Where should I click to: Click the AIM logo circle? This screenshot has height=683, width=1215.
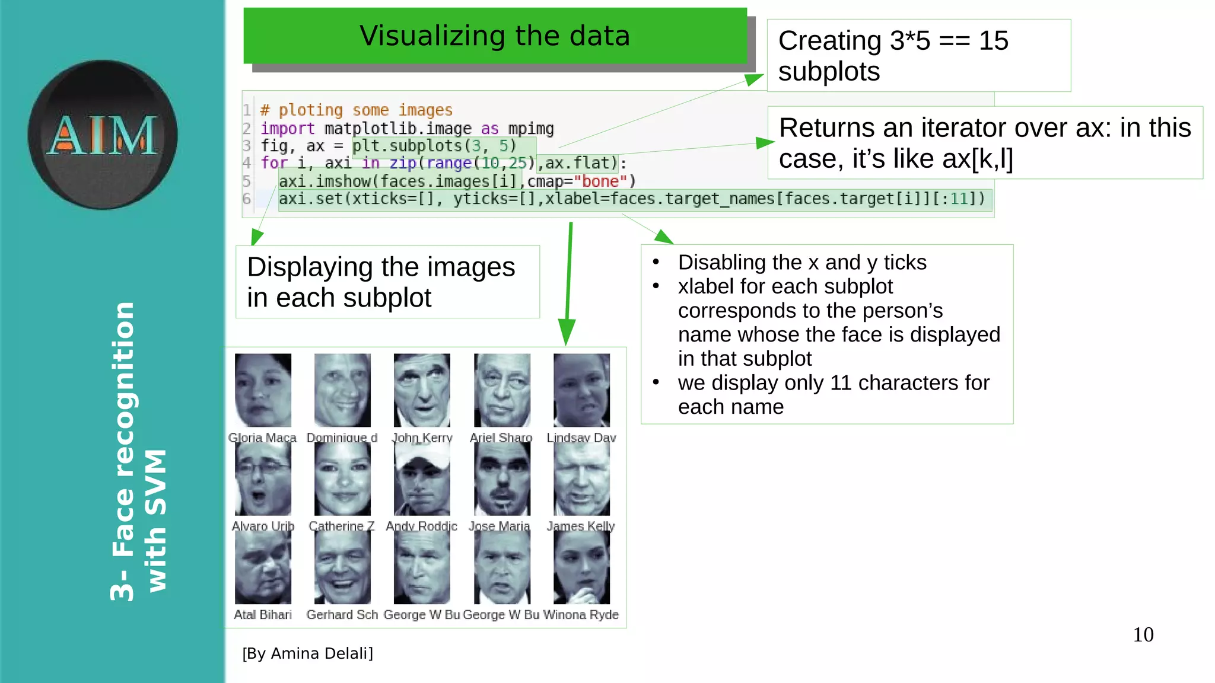(x=102, y=135)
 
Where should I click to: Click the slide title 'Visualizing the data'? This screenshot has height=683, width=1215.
(x=495, y=36)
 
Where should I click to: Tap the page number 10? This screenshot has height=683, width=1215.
(x=1143, y=635)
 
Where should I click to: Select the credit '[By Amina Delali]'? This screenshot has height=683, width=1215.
(x=307, y=653)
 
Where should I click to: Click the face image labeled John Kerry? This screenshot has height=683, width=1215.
(x=422, y=390)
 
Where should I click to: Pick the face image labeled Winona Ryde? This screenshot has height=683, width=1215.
(x=581, y=567)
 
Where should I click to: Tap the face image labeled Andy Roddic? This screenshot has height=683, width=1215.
(x=422, y=479)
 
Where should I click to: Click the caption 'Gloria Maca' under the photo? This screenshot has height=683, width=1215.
(x=262, y=438)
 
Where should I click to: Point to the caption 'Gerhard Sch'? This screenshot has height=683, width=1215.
(x=342, y=615)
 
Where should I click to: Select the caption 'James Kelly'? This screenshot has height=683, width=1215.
(x=581, y=526)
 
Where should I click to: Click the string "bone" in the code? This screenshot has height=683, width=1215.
(x=600, y=181)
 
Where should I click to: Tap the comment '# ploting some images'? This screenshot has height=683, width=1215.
(x=357, y=110)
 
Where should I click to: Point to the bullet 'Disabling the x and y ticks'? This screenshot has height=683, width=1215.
(x=801, y=262)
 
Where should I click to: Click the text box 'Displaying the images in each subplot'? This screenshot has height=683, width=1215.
(x=387, y=282)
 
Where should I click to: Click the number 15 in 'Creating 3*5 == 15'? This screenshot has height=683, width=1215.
(x=993, y=41)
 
